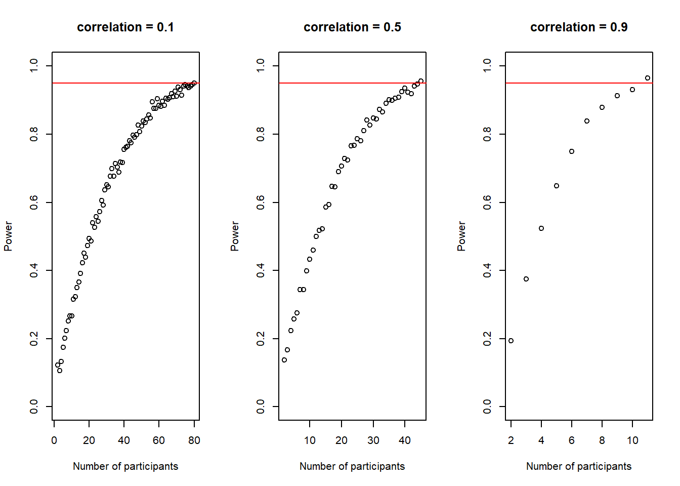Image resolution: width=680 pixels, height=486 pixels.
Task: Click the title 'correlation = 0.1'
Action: pyautogui.click(x=125, y=27)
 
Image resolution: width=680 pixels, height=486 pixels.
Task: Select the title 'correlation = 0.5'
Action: pyautogui.click(x=352, y=27)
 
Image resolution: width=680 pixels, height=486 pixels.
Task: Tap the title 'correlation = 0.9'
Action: pyautogui.click(x=579, y=27)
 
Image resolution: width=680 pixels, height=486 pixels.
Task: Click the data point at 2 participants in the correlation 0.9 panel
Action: pyautogui.click(x=511, y=341)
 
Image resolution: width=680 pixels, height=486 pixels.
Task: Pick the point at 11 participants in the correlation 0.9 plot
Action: pyautogui.click(x=648, y=78)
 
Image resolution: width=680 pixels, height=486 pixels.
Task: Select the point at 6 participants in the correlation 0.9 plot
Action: pyautogui.click(x=572, y=151)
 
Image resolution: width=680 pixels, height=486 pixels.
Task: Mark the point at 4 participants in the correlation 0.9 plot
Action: pyautogui.click(x=541, y=228)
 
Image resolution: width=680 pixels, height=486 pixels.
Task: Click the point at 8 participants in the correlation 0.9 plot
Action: pyautogui.click(x=602, y=107)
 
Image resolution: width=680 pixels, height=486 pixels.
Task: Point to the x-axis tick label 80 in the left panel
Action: pyautogui.click(x=194, y=440)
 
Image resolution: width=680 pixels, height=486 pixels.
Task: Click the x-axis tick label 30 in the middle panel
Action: pyautogui.click(x=373, y=440)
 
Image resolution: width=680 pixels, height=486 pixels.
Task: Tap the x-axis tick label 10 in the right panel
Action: pyautogui.click(x=632, y=440)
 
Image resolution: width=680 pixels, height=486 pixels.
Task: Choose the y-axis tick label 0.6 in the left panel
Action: pyautogui.click(x=34, y=202)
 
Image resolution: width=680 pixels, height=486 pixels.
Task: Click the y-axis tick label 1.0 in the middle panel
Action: pyautogui.click(x=261, y=65)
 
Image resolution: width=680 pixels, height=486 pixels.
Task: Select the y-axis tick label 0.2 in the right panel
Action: pyautogui.click(x=487, y=339)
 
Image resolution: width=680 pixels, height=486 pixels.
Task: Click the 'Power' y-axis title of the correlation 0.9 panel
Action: pyautogui.click(x=461, y=236)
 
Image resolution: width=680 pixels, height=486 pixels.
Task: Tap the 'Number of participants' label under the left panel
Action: pyautogui.click(x=125, y=466)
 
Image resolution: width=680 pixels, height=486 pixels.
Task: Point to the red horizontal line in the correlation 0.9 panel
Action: pyautogui.click(x=557, y=83)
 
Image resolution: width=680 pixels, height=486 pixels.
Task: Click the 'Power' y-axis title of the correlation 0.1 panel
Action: pyautogui.click(x=8, y=236)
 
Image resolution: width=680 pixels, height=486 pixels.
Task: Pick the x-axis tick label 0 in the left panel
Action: pyautogui.click(x=54, y=440)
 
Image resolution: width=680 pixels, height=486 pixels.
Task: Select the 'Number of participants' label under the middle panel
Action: pyautogui.click(x=352, y=466)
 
